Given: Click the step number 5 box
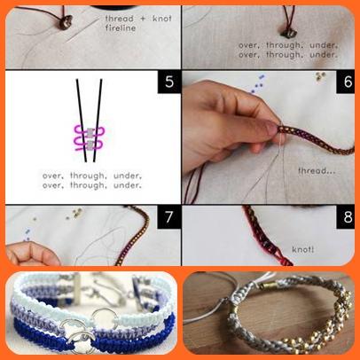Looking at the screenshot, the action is tap(169, 82).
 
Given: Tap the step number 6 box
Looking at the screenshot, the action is tap(347, 82).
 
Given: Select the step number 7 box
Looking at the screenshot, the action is tap(169, 217).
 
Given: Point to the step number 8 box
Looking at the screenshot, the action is tap(347, 217).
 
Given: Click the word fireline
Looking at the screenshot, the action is tap(121, 28).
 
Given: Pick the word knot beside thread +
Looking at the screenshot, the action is tap(161, 19).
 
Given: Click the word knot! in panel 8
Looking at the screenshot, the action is tap(302, 249).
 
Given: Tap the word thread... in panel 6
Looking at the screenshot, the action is tap(317, 170).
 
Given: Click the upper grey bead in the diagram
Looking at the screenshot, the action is tap(90, 132).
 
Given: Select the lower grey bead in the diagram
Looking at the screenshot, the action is tap(90, 145).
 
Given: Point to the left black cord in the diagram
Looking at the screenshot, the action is tap(82, 121).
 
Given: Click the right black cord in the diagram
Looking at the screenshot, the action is tap(98, 121).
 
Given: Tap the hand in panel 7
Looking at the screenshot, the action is tap(31, 254).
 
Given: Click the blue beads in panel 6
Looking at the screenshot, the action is tap(257, 83).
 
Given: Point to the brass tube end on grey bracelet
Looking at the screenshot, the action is tap(267, 286).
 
